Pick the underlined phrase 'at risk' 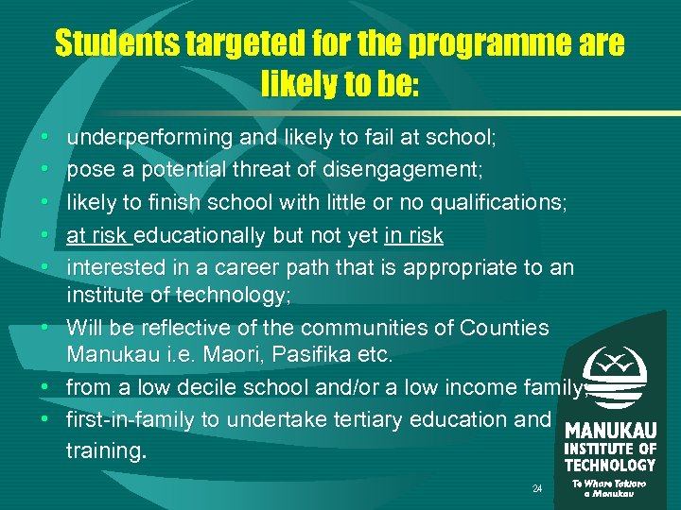[98, 234]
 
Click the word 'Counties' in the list [504, 329]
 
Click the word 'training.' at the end [106, 450]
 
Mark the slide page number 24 [537, 489]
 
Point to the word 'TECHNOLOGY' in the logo [610, 465]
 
